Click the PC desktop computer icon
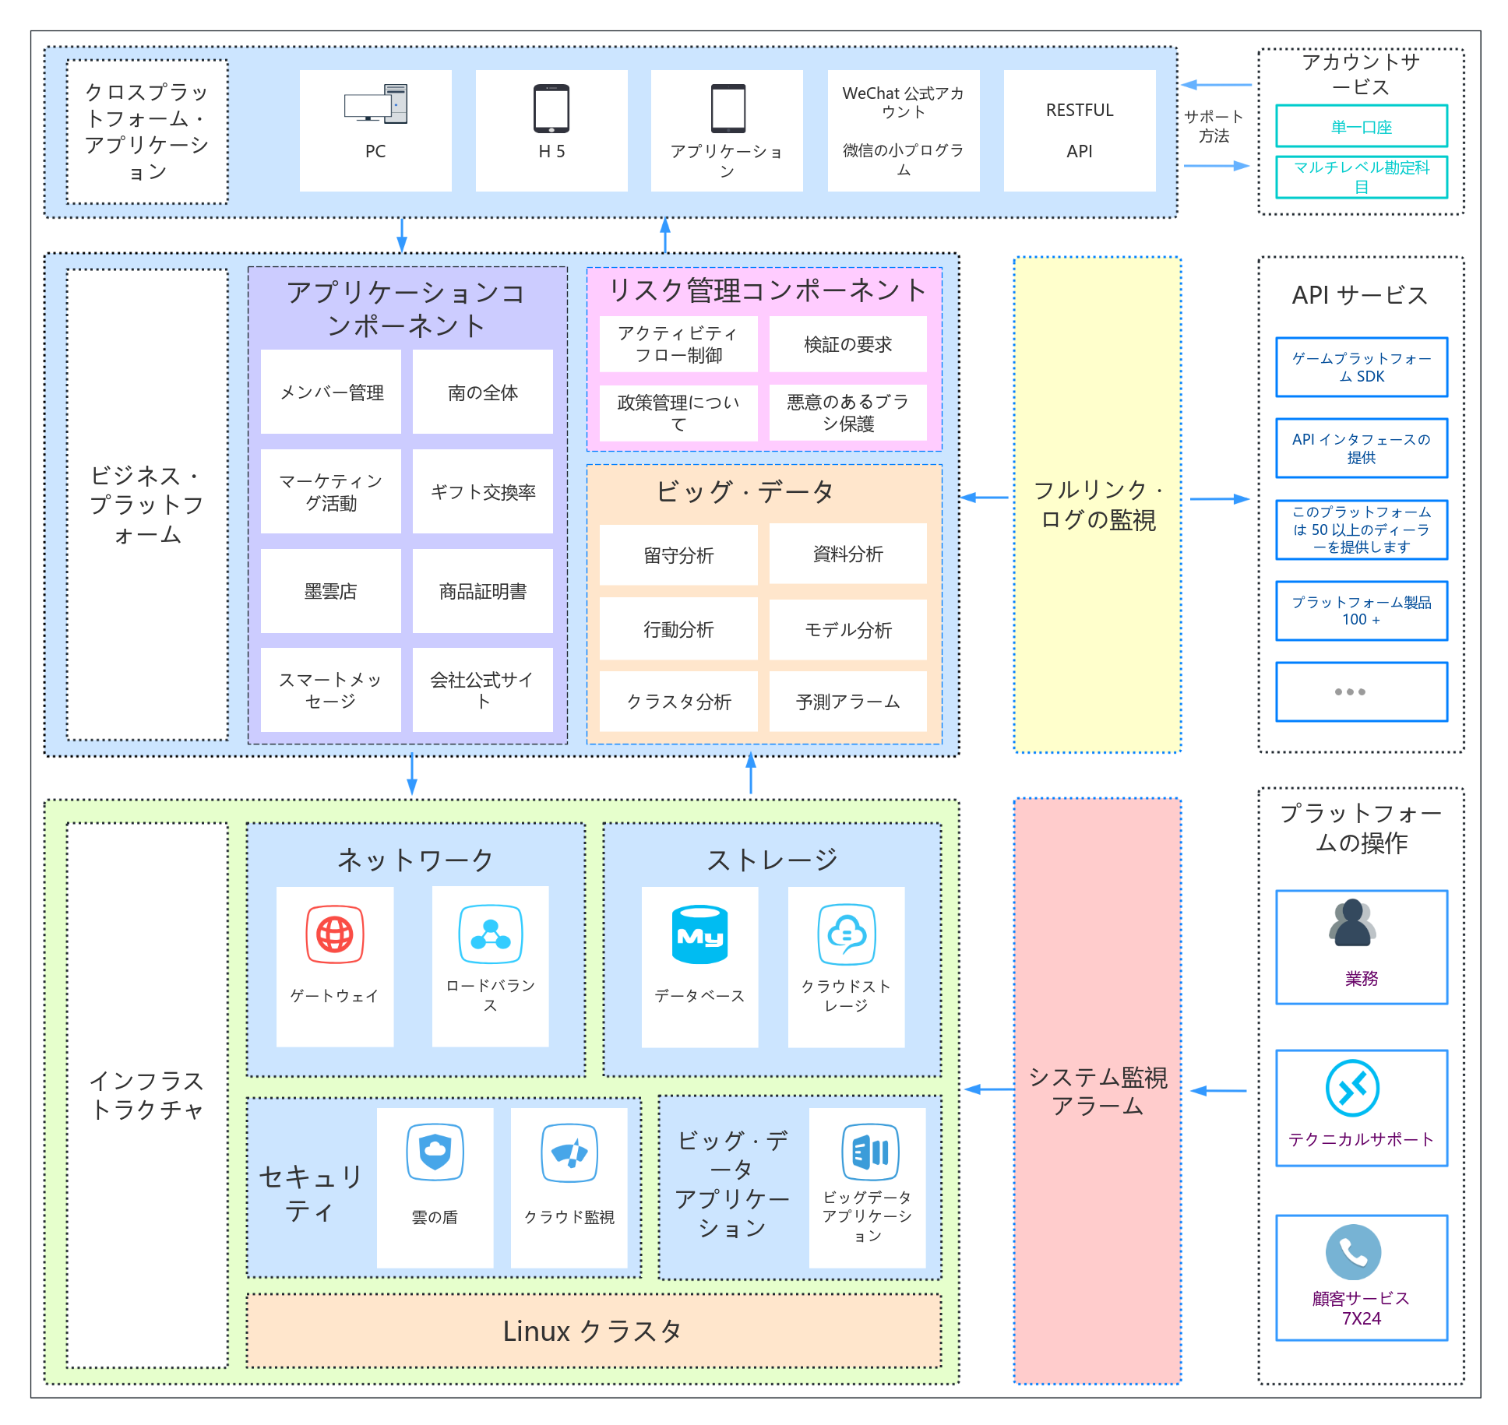coord(375,104)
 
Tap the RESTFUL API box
coord(1079,131)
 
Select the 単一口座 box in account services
coord(1361,126)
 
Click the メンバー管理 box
coord(331,392)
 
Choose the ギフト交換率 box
coord(483,491)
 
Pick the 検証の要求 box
coord(847,344)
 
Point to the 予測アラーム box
coord(847,702)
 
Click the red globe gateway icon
coord(335,934)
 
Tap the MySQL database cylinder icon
coord(699,934)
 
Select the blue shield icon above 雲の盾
coord(435,1152)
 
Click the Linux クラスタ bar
coord(594,1331)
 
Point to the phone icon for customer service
coord(1353,1252)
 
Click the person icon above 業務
coord(1352,923)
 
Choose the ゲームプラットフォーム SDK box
coord(1361,367)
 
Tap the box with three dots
coord(1361,691)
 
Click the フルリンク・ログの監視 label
coord(1098,505)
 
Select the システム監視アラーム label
coord(1098,1091)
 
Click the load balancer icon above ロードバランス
coord(491,934)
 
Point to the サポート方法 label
coord(1214,126)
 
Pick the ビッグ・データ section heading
coord(745,491)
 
